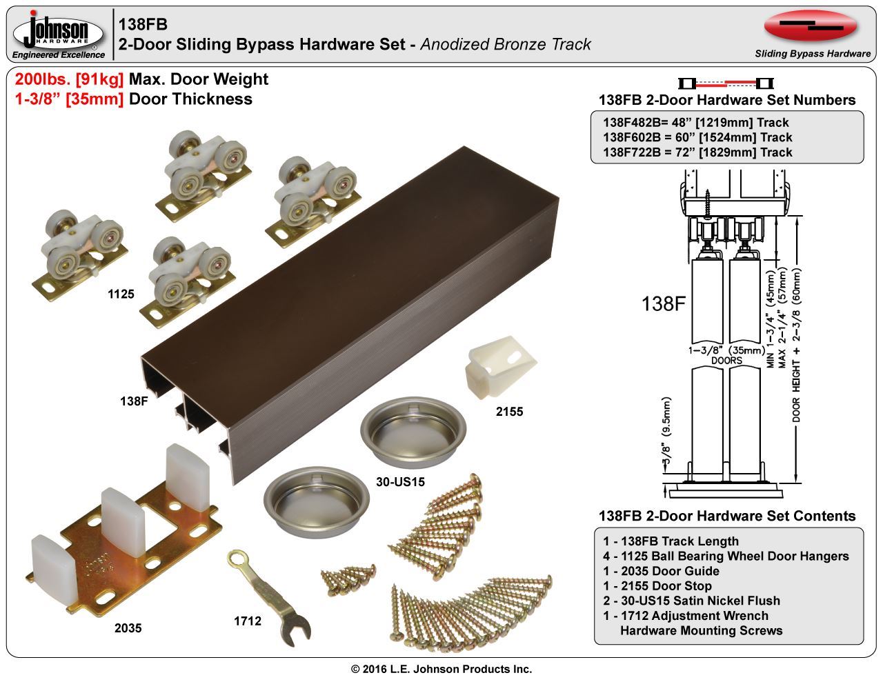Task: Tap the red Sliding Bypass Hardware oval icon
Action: tap(811, 26)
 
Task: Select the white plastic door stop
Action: tap(495, 368)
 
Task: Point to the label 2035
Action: tap(128, 628)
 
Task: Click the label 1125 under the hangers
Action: tap(121, 294)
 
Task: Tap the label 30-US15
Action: tap(400, 481)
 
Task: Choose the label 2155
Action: tap(509, 412)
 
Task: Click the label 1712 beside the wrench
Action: tap(247, 621)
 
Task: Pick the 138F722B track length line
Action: tap(697, 152)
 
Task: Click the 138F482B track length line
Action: tap(695, 123)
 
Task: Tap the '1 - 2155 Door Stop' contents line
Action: tap(657, 586)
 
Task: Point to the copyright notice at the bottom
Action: tap(441, 669)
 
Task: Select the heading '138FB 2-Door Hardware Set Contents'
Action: tap(727, 516)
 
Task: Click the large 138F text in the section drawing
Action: tap(663, 303)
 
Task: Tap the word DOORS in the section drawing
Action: tap(726, 361)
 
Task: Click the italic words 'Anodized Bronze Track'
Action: tap(506, 45)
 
